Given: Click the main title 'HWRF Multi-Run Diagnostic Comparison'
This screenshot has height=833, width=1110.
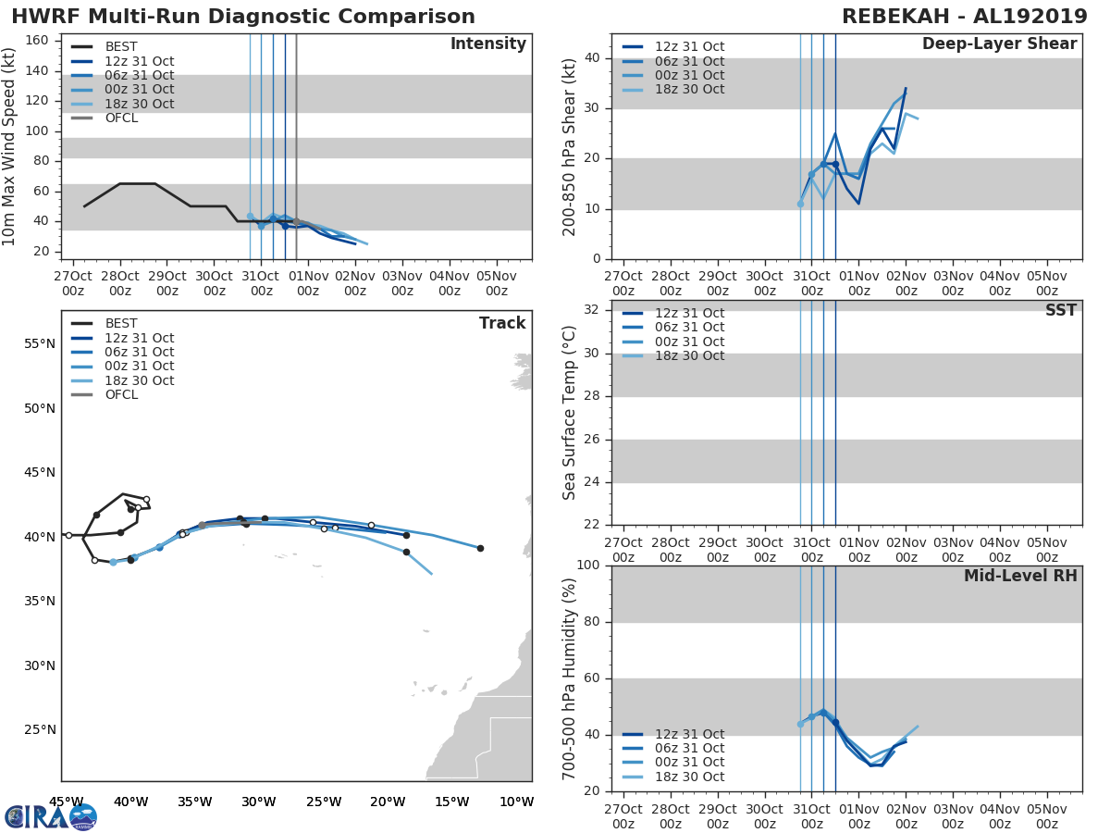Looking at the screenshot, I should pos(243,17).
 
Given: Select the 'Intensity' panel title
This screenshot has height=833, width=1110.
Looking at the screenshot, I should pos(487,44).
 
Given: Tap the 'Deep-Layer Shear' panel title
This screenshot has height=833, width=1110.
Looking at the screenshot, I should pos(999,44).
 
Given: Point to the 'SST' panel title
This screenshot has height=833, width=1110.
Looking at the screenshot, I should pos(1060,311).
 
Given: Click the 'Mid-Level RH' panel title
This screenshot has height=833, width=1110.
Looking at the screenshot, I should pos(1019,577).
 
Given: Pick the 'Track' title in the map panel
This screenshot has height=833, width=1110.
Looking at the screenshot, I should pos(502,324).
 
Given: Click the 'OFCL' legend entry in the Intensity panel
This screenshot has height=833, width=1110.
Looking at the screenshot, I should pos(121,118).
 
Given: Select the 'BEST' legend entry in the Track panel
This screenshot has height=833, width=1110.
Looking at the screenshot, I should pos(121,324).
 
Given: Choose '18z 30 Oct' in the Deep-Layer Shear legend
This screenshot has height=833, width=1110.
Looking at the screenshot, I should pos(689,90).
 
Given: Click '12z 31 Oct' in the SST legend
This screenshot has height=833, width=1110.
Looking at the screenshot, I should pos(689,313).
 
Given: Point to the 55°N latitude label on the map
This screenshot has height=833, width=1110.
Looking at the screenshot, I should pos(40,343).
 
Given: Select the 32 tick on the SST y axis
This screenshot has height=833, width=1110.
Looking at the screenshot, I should pos(591,310).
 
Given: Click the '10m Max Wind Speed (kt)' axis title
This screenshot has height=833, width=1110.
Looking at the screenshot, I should pos(10,146).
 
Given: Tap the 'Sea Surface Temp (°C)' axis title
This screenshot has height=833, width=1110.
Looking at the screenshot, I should pos(571,414).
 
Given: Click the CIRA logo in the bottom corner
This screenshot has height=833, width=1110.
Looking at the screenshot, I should pos(51,817).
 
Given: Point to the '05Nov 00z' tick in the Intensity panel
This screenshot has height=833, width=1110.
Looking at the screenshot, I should pos(496,282).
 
